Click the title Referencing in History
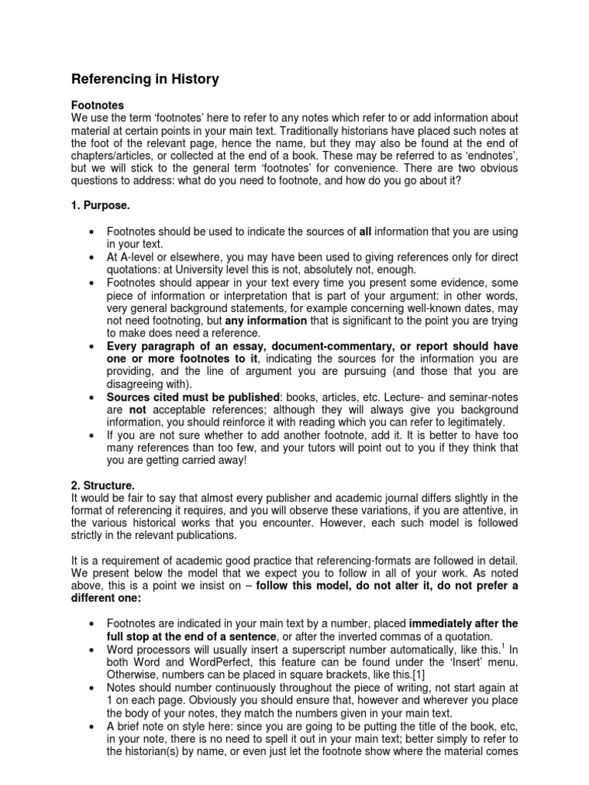tap(145, 79)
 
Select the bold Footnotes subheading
tap(97, 104)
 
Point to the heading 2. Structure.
tap(104, 485)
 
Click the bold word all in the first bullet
tap(365, 232)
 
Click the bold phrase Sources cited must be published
tap(192, 397)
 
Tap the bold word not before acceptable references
tap(137, 409)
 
